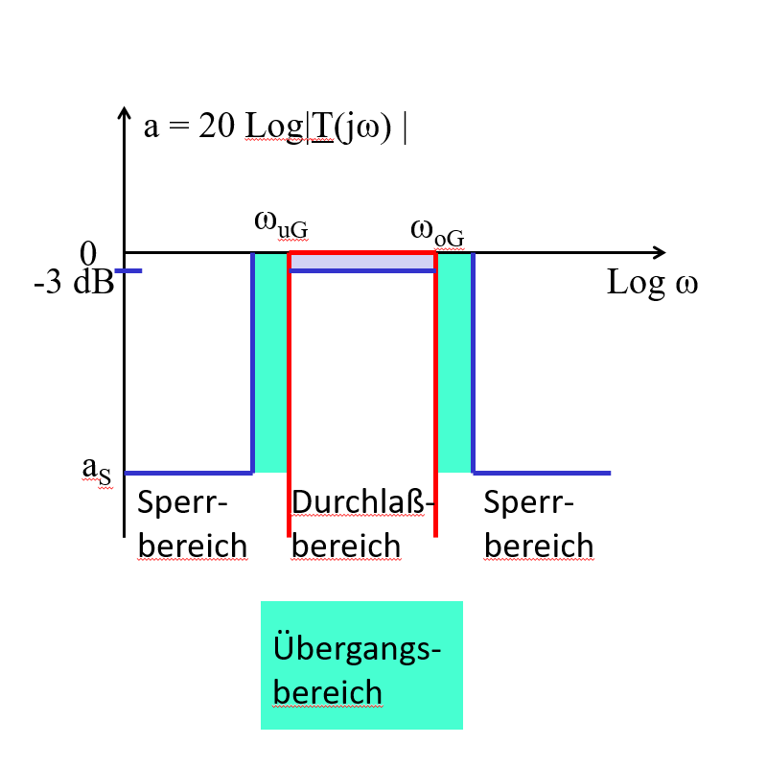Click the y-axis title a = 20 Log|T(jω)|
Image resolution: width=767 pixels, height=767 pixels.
(x=275, y=128)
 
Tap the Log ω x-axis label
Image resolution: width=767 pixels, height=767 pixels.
(x=652, y=284)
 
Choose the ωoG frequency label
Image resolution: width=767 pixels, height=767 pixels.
(x=441, y=229)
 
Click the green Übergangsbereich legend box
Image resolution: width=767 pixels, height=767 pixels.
(x=361, y=664)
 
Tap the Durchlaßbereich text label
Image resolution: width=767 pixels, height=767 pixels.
(x=362, y=523)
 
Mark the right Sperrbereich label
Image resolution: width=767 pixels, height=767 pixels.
(x=539, y=523)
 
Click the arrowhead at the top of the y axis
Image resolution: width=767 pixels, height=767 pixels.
(x=124, y=114)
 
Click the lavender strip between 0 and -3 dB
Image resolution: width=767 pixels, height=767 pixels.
(x=362, y=262)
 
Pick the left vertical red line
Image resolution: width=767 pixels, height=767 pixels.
(x=289, y=403)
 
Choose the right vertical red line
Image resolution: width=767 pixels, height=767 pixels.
(x=436, y=403)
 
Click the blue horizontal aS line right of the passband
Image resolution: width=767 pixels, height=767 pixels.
(x=542, y=473)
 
